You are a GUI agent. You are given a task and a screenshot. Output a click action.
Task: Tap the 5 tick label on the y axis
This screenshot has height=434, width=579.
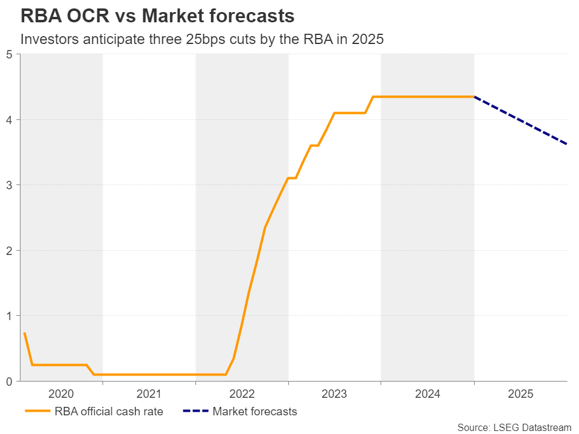[x=9, y=54]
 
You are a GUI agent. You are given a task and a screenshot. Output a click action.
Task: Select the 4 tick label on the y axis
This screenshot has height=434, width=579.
[x=9, y=119]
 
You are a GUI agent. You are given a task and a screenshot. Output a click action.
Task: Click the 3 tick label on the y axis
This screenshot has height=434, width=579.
[x=9, y=185]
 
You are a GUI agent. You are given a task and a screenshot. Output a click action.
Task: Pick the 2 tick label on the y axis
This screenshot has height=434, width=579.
[x=9, y=250]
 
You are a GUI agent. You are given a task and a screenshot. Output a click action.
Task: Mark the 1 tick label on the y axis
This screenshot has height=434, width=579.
[x=9, y=316]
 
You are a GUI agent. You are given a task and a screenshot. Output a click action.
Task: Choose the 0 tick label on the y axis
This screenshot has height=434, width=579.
[x=9, y=381]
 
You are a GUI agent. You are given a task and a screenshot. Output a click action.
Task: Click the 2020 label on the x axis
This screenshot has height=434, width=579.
[x=61, y=394]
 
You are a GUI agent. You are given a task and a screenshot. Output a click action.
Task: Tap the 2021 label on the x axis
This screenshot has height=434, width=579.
[x=149, y=394]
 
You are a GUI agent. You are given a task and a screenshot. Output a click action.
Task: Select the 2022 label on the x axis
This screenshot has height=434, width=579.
[x=242, y=394]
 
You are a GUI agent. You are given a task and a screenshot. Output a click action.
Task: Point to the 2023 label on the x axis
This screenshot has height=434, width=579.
[x=335, y=394]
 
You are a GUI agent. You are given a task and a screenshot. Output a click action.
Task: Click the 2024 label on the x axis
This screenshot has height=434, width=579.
[x=428, y=394]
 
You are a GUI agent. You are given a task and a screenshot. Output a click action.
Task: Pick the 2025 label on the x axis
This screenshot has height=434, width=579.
[x=520, y=394]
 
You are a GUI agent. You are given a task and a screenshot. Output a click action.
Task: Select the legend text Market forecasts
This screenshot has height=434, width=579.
[x=255, y=412]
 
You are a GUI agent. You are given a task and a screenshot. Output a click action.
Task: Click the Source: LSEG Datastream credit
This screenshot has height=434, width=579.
[x=514, y=427]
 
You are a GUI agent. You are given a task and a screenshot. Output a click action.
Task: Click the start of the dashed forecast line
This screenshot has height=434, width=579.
[x=475, y=97]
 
